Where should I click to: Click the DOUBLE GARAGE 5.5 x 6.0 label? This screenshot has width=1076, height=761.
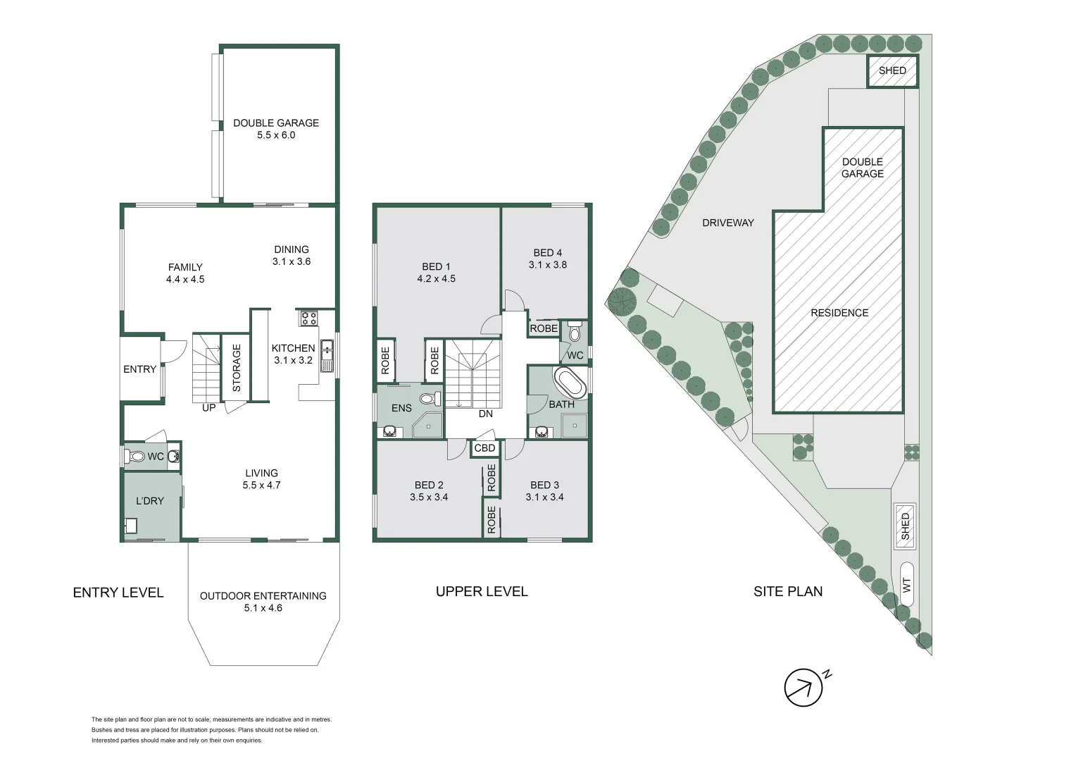276,129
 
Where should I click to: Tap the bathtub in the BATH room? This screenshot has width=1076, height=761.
570,383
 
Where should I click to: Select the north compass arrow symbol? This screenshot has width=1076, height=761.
804,687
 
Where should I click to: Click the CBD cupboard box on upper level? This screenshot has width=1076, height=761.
484,448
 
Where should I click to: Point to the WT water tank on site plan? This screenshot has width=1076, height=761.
907,584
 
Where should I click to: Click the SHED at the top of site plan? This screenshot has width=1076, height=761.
892,71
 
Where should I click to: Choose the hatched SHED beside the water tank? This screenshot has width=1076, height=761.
905,526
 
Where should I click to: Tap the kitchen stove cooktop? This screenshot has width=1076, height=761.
308,318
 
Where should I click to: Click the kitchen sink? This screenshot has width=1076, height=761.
327,356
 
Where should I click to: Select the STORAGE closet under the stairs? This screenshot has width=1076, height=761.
236,367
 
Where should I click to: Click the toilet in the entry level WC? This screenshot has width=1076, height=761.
136,457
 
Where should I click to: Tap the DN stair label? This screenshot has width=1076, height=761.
486,414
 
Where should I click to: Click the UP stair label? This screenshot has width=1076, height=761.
209,408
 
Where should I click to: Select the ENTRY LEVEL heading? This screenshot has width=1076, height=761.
118,593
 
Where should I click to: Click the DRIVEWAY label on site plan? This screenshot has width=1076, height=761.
727,223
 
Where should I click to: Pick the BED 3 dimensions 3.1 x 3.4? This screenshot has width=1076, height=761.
544,497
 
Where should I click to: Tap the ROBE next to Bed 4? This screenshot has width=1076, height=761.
544,328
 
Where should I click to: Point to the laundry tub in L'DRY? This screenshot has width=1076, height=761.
131,525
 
